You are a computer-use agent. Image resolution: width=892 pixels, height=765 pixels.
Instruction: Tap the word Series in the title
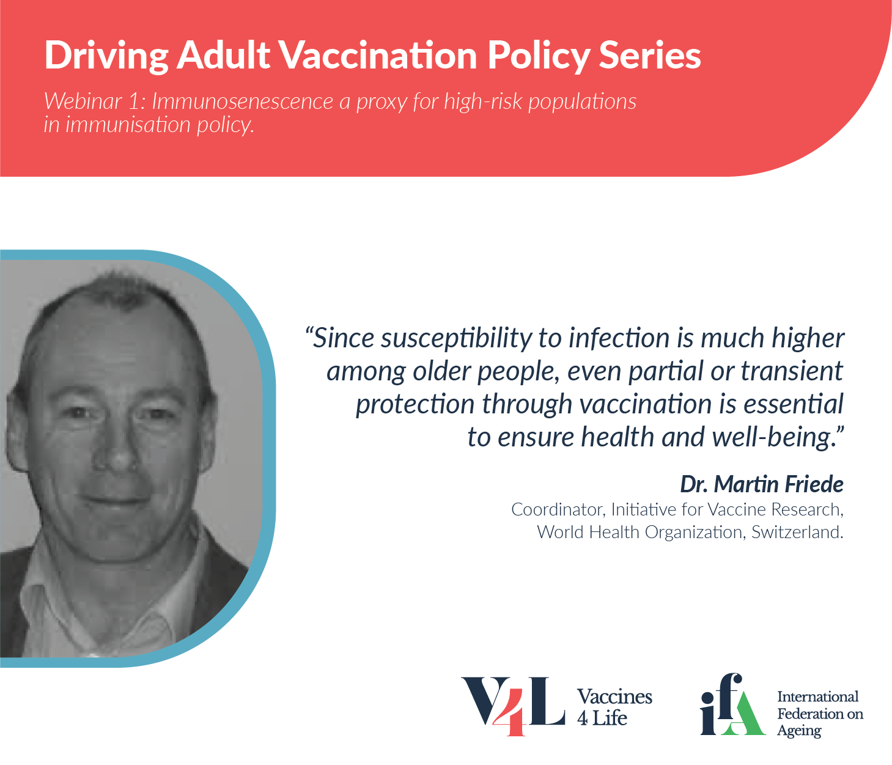coord(650,55)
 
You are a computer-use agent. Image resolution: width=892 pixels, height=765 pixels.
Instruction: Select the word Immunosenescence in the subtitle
coord(243,102)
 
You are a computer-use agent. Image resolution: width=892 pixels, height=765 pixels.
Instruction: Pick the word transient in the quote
coord(792,371)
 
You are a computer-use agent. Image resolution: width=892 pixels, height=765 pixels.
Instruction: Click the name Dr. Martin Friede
coord(762,484)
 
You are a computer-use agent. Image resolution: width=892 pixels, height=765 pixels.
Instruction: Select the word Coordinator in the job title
coord(559,510)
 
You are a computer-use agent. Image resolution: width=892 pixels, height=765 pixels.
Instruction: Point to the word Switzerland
coord(797,532)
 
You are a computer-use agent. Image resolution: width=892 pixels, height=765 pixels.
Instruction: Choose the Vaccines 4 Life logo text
coord(614,707)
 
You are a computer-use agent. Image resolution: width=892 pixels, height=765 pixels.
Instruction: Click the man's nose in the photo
coord(116,453)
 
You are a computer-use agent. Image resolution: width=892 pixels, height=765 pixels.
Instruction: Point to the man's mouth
coord(114,501)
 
